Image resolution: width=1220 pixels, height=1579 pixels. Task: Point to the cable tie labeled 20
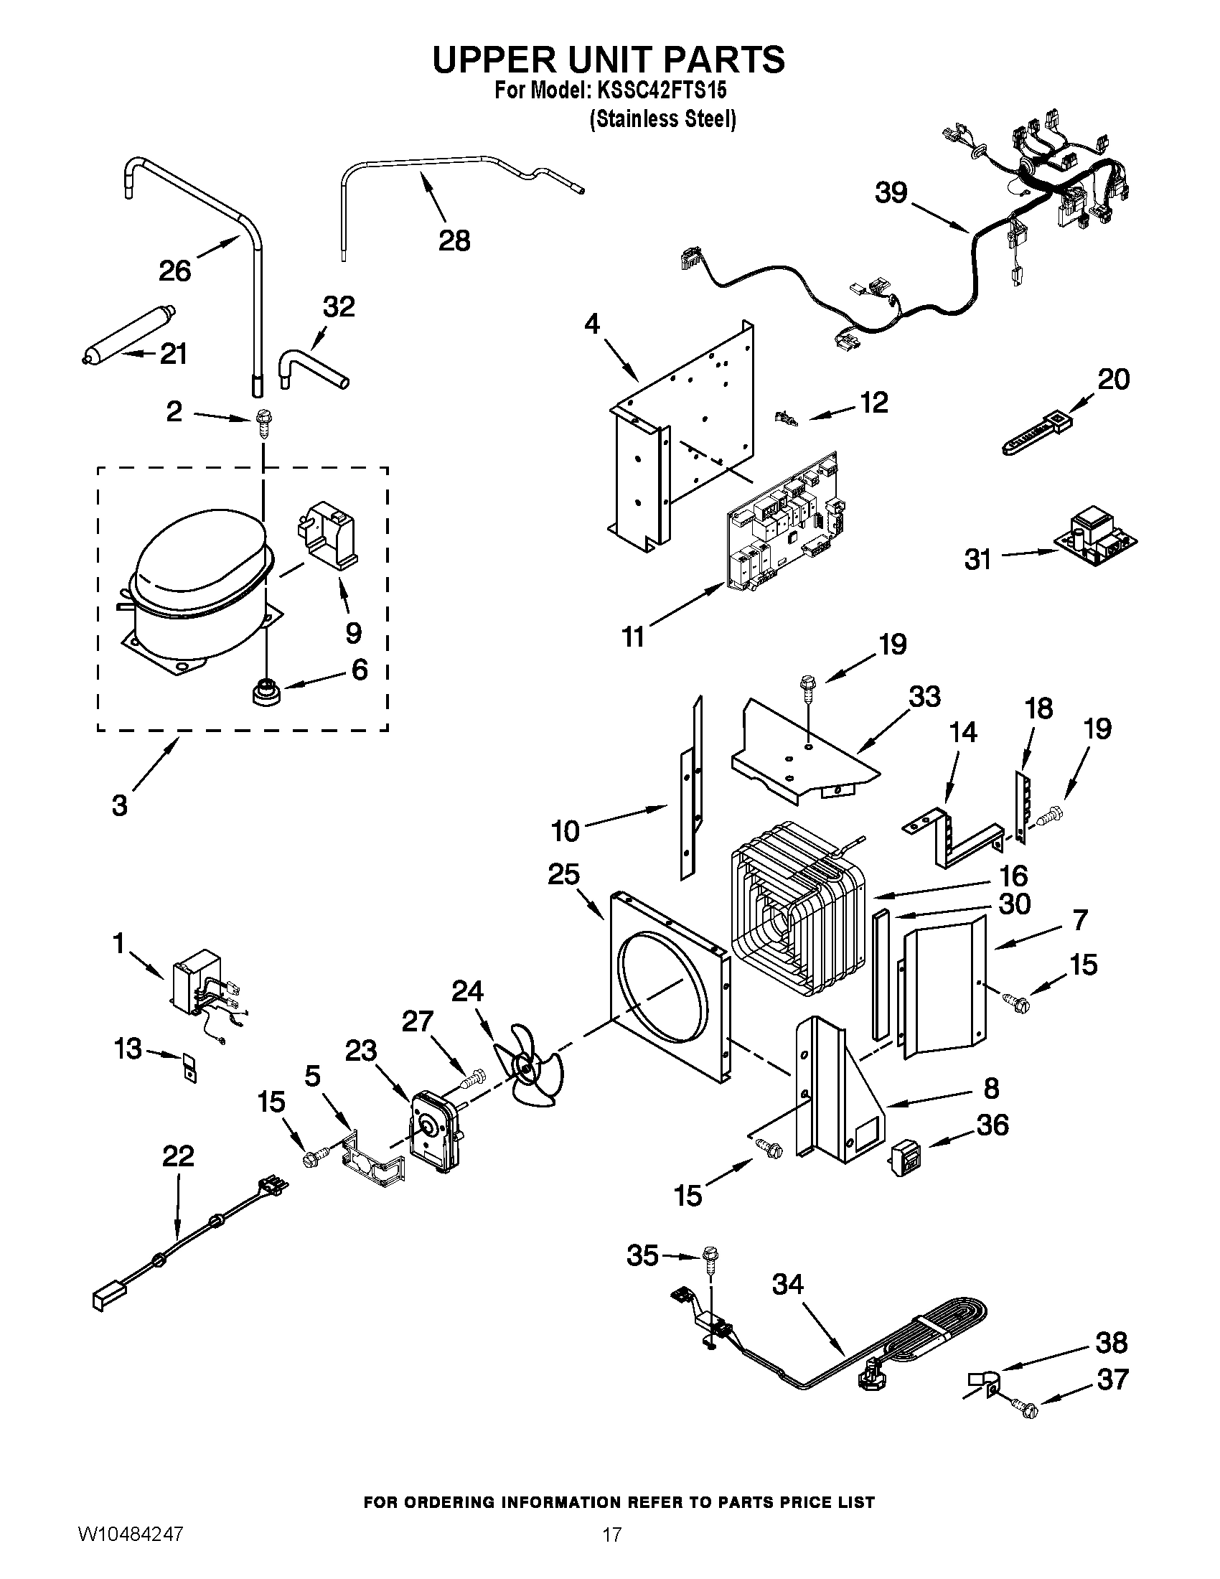coord(1034,434)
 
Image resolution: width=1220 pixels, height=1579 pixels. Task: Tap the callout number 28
coord(454,240)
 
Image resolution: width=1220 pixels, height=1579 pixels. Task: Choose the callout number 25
coord(563,874)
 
